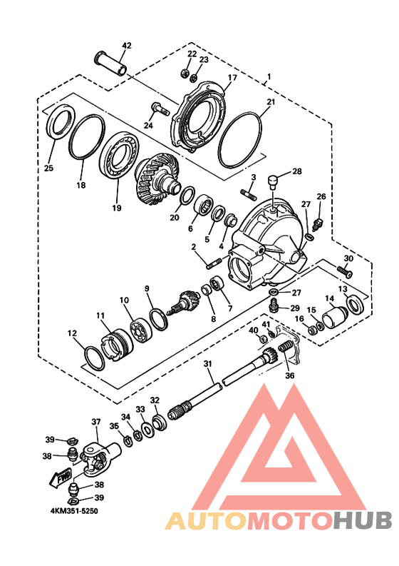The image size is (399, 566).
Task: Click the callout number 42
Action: pyautogui.click(x=126, y=46)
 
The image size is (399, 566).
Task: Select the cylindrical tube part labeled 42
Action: pyautogui.click(x=110, y=63)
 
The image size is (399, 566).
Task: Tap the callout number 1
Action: pyautogui.click(x=269, y=76)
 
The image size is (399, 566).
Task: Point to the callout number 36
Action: pyautogui.click(x=289, y=376)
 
